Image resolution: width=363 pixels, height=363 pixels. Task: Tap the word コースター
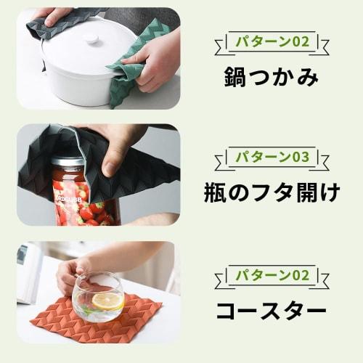[x=272, y=311]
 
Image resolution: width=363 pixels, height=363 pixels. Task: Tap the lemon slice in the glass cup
[x=107, y=301]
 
